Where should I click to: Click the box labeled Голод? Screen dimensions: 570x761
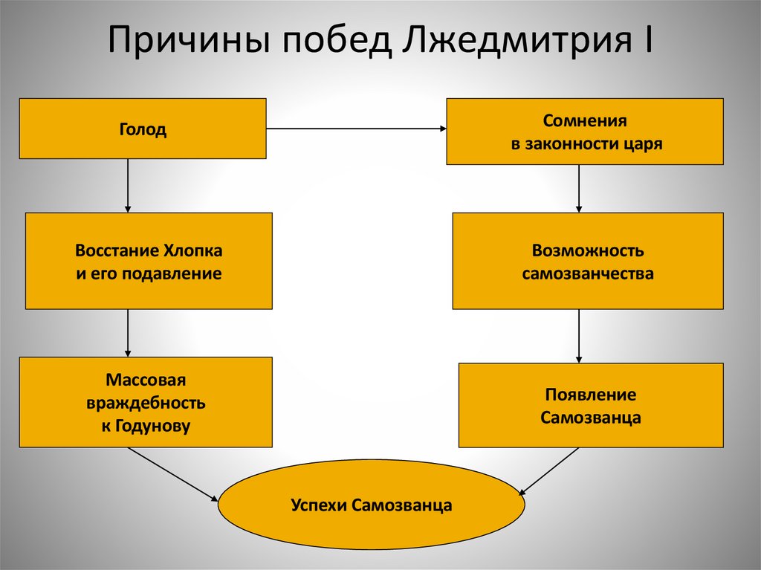coord(143,129)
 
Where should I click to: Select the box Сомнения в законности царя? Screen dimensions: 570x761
coord(585,132)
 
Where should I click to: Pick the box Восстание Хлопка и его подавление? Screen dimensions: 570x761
coord(149,261)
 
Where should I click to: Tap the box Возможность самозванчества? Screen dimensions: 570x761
coord(587,261)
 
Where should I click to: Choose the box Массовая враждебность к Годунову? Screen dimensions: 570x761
coord(146,402)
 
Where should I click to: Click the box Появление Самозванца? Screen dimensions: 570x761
coord(590,405)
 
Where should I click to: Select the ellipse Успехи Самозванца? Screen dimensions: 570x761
coord(372,506)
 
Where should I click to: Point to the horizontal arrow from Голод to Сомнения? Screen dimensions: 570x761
coord(356,129)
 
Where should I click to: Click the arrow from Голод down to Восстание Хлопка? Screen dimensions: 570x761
coord(128,185)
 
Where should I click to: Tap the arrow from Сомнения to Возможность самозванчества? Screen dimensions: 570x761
coord(579,188)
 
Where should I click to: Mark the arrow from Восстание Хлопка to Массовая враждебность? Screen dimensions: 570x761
coord(128,332)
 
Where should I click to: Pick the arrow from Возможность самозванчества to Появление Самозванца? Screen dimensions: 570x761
coord(579,335)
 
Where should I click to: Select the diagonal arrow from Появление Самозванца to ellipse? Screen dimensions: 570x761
coord(551,470)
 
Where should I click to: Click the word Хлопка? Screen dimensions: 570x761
coord(195,250)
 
